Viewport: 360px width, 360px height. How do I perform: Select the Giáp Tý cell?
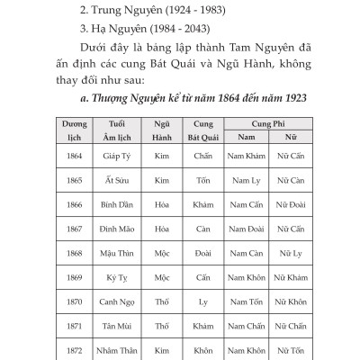(x=119, y=156)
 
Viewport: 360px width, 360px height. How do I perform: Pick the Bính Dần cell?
(x=119, y=204)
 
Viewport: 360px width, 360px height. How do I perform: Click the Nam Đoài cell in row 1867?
(x=246, y=229)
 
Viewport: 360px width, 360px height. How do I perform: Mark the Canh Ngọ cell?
(x=119, y=301)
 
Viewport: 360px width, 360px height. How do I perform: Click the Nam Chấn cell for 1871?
(x=246, y=326)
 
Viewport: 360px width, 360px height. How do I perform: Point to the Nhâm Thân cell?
(x=119, y=349)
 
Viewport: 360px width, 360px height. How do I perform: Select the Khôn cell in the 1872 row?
(x=202, y=349)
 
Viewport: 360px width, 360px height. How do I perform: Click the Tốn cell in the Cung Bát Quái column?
(x=202, y=180)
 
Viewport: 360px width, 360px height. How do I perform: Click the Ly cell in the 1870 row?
(x=202, y=301)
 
